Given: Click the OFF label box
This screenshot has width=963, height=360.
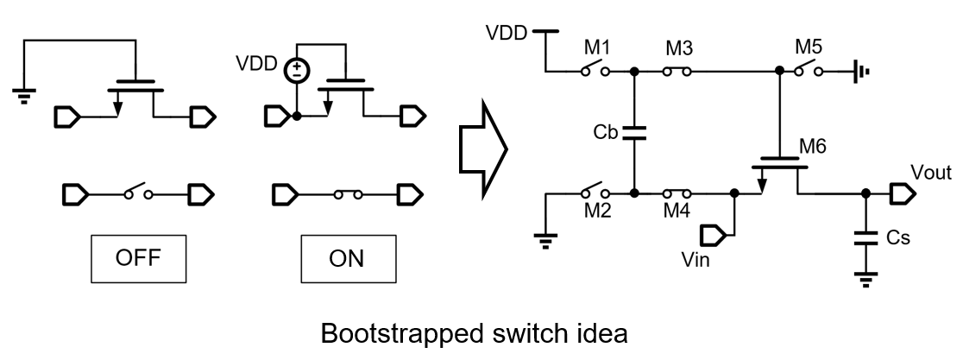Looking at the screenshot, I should point(139,258).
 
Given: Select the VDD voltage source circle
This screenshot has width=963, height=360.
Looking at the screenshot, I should point(297,69).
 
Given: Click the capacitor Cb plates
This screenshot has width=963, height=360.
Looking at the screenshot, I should point(634,133).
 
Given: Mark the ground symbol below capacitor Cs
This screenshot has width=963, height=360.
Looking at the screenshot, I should point(864,277).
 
